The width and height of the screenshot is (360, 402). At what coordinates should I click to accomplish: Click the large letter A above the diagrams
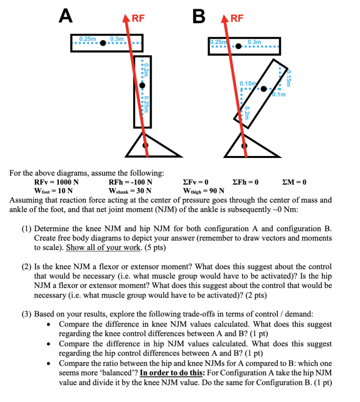[65, 16]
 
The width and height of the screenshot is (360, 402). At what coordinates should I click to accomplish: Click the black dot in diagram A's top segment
[103, 43]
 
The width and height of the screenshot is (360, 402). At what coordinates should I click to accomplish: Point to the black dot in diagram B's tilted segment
[264, 89]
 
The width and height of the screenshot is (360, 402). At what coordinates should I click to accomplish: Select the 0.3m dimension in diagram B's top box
[254, 41]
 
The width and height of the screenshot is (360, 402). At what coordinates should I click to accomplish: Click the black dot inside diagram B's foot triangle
[245, 146]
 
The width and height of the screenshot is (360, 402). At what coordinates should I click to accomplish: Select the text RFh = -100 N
[130, 182]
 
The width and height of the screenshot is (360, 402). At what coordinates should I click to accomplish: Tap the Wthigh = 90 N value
[203, 191]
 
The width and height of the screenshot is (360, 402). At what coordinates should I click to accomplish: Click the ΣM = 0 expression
[294, 182]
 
